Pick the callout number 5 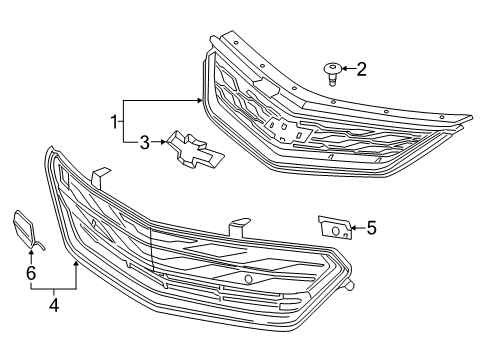pos(371,228)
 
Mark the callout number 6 pos(30,272)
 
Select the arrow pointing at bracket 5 pos(357,229)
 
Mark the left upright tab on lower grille pos(98,177)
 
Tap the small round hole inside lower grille pos(247,279)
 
